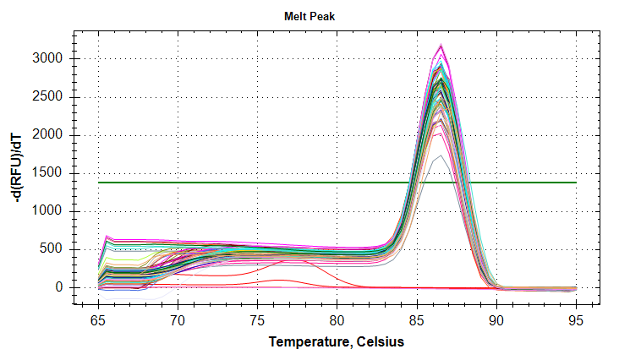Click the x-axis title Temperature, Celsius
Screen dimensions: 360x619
[x=337, y=341]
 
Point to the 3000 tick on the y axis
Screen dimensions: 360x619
[x=51, y=58]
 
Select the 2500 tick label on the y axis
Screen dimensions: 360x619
[x=51, y=96]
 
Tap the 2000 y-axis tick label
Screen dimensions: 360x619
[x=51, y=135]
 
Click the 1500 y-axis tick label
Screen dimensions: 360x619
[x=51, y=173]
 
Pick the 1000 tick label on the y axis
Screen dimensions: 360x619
[x=51, y=211]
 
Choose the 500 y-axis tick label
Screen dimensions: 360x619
[x=54, y=249]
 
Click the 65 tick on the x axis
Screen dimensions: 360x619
[x=98, y=321]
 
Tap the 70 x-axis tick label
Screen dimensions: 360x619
[x=178, y=321]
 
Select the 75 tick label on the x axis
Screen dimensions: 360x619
[x=257, y=321]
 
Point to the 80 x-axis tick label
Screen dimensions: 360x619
[x=337, y=321]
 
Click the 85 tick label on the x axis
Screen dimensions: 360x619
[x=417, y=321]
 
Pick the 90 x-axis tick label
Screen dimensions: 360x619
[x=496, y=321]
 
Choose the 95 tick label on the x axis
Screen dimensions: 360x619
[x=576, y=321]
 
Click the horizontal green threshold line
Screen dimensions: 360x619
[x=254, y=182]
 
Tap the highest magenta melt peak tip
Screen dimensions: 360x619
[x=441, y=46]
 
